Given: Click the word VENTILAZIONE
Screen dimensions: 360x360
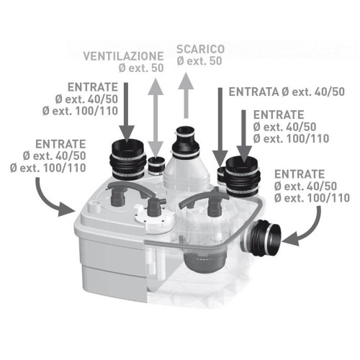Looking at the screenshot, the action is (123, 56).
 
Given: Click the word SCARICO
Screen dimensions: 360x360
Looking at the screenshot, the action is (201, 49).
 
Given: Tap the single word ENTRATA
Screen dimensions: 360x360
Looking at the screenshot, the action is (253, 92).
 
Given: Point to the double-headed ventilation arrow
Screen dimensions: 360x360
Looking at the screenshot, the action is (156, 118).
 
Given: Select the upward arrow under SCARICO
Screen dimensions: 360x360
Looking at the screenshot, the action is (186, 95).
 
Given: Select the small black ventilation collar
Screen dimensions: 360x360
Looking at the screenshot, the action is (156, 166).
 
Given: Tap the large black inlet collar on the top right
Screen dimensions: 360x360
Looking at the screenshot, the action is (243, 176).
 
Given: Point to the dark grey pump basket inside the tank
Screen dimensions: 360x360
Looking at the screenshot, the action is (204, 261).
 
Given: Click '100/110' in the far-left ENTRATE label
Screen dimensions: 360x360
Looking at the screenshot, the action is (65, 168).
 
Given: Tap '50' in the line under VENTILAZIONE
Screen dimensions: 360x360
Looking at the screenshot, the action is (158, 68).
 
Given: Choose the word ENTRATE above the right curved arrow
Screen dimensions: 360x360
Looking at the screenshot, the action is (300, 174).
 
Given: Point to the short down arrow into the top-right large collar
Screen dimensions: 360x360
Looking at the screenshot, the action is (244, 137).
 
